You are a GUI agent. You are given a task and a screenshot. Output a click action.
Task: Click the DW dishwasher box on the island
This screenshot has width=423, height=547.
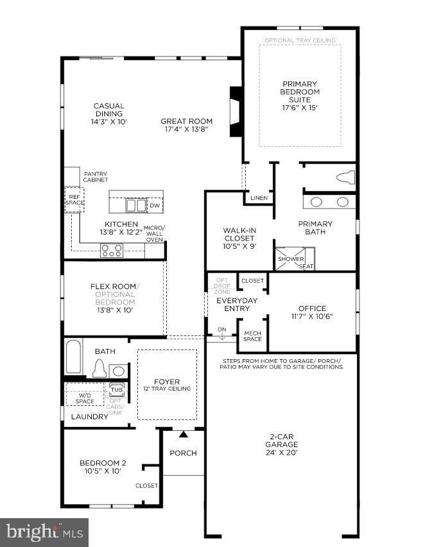tap(154, 205)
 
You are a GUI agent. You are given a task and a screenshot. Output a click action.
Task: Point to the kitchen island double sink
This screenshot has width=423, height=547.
tap(135, 205)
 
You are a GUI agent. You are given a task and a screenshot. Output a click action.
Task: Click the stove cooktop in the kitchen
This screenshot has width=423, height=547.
tap(112, 251)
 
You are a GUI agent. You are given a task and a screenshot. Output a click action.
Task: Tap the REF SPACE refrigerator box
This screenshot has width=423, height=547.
tap(74, 199)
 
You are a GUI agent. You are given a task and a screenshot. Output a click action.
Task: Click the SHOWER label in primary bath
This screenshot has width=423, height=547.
tap(286, 259)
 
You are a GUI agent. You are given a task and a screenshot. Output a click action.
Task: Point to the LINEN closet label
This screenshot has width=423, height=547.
tap(259, 198)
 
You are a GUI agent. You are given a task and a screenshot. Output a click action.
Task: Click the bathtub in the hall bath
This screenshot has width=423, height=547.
tap(73, 357)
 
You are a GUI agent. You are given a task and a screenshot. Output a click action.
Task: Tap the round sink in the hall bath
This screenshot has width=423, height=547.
tap(117, 371)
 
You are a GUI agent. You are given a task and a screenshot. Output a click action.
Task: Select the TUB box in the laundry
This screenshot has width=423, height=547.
tap(116, 389)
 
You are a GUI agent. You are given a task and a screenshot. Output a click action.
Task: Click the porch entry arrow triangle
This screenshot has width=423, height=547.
tap(184, 435)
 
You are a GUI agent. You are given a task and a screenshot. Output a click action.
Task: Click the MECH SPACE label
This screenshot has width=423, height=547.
tap(252, 336)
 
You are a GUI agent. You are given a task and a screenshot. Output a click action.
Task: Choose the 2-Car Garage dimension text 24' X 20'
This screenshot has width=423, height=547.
tap(282, 452)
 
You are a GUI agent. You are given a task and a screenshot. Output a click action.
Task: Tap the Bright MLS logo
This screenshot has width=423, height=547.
tap(44, 532)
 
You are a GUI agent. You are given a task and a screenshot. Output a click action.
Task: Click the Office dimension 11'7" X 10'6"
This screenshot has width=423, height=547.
tap(312, 317)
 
